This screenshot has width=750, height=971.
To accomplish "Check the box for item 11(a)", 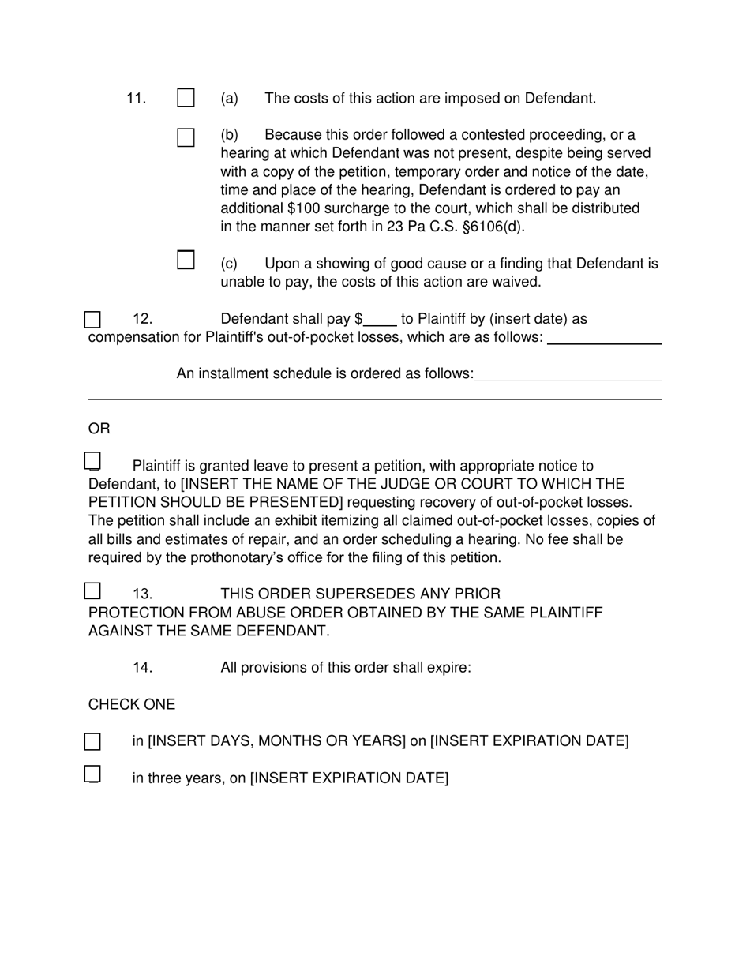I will (186, 98).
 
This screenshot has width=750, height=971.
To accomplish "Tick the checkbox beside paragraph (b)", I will (186, 137).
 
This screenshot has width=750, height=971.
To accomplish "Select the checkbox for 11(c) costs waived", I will (186, 260).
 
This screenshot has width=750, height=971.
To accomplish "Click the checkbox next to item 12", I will (92, 320).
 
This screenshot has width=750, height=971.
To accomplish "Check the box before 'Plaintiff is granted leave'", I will (92, 461).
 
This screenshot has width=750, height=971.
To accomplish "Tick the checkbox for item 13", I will (92, 590).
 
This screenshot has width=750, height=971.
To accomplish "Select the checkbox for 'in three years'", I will (92, 774).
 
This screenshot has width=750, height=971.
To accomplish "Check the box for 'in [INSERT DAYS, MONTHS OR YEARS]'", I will (92, 741).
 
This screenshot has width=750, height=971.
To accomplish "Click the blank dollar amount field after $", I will (380, 320).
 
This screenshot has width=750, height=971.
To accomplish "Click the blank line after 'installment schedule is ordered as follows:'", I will (568, 374).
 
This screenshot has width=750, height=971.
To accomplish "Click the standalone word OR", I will (99, 429).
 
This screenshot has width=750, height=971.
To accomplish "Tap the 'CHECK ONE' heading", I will (132, 704).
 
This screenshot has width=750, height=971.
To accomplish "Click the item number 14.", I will (142, 668).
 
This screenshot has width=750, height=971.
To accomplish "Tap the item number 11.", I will (136, 99).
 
